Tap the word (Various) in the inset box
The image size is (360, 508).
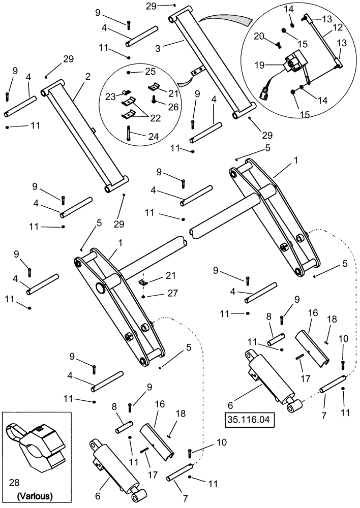pos(35,495)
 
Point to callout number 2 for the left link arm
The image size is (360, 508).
pos(88,77)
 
